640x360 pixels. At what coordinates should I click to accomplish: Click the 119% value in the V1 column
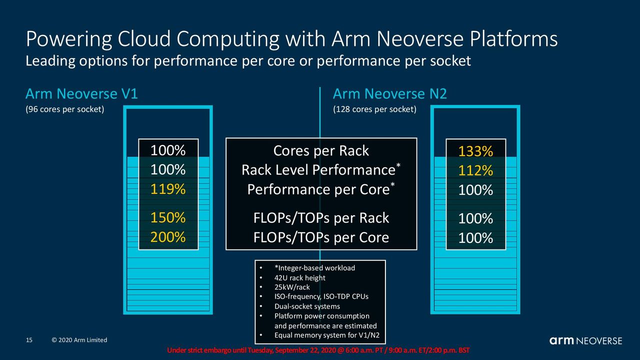(x=168, y=189)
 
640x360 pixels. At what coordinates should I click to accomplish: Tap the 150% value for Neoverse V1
(x=168, y=217)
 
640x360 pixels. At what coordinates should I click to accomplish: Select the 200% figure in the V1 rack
(x=168, y=237)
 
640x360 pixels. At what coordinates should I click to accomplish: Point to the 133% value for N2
(x=475, y=151)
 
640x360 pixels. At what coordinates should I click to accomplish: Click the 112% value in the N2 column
(x=475, y=170)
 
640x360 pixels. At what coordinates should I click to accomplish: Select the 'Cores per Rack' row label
(x=321, y=151)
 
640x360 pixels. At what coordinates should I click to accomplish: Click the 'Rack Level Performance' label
(x=318, y=169)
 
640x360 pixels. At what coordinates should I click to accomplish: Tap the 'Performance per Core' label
(x=318, y=189)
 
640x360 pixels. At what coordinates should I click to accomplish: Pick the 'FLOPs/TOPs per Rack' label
(x=321, y=218)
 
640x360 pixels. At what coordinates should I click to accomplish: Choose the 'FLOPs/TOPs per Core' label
(x=321, y=237)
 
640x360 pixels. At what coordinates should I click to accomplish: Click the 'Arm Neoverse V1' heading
(x=81, y=93)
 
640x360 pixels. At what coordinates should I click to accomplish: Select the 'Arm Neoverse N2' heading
(x=389, y=93)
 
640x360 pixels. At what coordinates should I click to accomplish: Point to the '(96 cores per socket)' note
(x=65, y=109)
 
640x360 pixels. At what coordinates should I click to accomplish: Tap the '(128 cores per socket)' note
(x=374, y=109)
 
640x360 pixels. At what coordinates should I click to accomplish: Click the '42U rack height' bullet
(x=299, y=277)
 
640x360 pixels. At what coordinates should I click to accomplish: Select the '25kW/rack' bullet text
(x=292, y=287)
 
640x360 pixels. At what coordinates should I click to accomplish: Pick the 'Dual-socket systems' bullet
(x=307, y=306)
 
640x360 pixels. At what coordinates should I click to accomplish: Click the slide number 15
(x=29, y=340)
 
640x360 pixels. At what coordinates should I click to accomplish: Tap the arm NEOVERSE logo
(x=586, y=340)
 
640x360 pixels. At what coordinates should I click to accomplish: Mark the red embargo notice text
(x=318, y=350)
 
